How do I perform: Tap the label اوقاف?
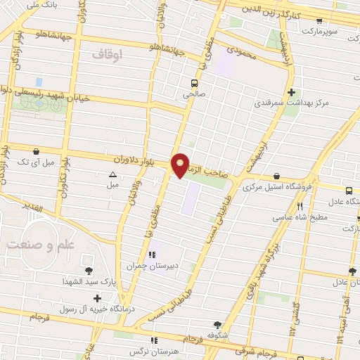(x=107, y=53)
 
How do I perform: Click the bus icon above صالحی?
(x=194, y=82)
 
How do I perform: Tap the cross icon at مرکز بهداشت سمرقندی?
(x=291, y=91)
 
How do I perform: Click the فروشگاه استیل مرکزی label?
(x=276, y=188)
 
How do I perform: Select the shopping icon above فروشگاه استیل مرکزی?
(x=276, y=176)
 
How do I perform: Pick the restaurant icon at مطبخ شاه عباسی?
(x=300, y=206)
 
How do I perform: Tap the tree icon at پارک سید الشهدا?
(x=88, y=270)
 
